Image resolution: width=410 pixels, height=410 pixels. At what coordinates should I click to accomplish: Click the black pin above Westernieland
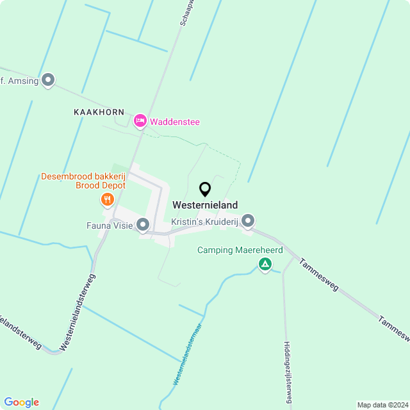click(x=205, y=190)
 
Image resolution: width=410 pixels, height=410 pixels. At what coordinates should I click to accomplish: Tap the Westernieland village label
click(x=205, y=206)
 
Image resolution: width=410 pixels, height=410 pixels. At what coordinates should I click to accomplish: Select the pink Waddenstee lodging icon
click(x=140, y=120)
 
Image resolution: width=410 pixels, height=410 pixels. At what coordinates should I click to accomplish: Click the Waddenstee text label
click(x=172, y=121)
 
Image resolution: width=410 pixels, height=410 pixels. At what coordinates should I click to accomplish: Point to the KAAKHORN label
click(x=99, y=111)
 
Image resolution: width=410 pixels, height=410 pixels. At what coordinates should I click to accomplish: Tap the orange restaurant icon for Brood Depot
click(x=107, y=200)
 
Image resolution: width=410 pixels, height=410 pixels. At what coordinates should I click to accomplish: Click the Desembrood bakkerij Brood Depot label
click(x=83, y=181)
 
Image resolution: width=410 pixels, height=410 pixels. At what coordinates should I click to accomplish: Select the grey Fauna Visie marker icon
click(x=143, y=225)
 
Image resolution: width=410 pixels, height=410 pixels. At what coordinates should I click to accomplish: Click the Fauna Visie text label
click(x=109, y=225)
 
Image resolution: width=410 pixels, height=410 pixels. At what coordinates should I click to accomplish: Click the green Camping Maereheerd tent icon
click(x=265, y=264)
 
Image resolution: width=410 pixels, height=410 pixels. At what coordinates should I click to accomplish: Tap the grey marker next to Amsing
click(x=48, y=81)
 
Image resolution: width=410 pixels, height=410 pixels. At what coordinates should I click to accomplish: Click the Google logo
click(x=21, y=402)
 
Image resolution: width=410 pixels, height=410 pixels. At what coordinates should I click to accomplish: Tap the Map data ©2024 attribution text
click(x=382, y=405)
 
